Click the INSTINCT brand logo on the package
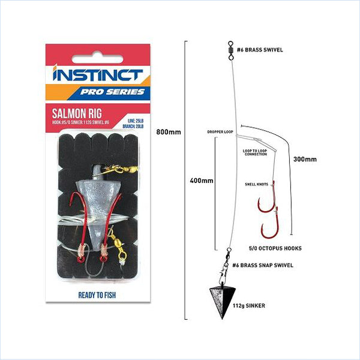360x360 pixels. (x=97, y=75)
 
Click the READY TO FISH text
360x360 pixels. (x=98, y=295)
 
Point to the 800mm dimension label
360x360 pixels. (x=169, y=132)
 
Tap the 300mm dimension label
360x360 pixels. (x=305, y=160)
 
